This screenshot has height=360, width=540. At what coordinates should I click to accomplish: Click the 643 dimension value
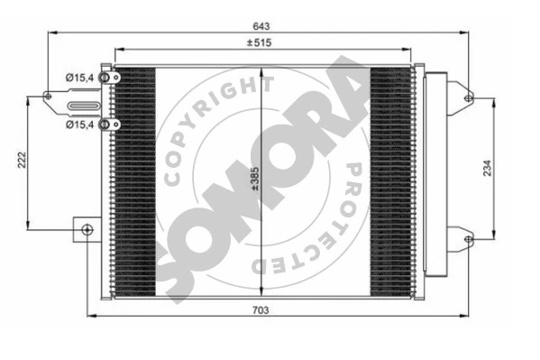coord(261,26)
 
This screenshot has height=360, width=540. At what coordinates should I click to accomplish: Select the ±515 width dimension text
coord(259,42)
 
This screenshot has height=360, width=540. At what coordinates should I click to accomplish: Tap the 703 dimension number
coord(261,310)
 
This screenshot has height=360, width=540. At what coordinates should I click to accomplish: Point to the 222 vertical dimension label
coord(22,160)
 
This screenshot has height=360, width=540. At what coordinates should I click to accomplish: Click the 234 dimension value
coord(488,168)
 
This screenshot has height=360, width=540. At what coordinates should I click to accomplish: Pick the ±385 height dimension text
coord(255,179)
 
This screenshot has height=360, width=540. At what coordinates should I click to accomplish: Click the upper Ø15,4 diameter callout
coord(79,78)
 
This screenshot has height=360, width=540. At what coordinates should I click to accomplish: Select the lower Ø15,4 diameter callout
coord(79,125)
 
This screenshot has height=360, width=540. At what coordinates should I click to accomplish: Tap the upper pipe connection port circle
coord(104,78)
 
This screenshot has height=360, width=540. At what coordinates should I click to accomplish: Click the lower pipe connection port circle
coord(104,125)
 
